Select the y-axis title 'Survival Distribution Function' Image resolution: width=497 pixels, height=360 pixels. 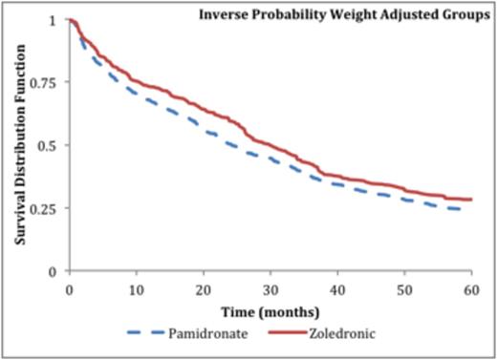click(x=19, y=144)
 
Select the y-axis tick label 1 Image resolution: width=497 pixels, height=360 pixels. click(x=54, y=20)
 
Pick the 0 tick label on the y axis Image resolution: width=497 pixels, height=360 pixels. click(x=54, y=271)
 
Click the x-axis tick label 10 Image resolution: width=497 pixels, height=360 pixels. click(x=136, y=289)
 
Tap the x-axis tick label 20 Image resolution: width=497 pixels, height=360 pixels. click(x=203, y=289)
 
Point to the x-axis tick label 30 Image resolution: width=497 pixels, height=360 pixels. click(x=270, y=289)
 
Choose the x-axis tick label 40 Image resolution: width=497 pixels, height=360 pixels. click(x=337, y=289)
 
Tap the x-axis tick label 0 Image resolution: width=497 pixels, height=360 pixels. click(x=69, y=289)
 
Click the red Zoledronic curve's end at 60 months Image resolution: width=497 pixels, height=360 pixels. click(x=471, y=200)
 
